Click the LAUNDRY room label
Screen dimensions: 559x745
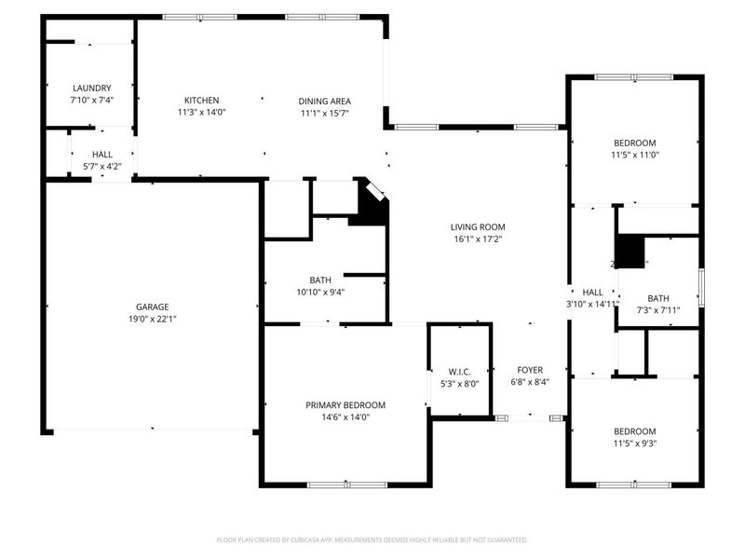91,88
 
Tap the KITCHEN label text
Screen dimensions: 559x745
201,101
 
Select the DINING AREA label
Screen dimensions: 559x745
324,101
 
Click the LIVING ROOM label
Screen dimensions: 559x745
478,226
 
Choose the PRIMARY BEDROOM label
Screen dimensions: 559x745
345,405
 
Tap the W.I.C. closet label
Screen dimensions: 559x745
459,371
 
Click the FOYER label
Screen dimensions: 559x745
530,370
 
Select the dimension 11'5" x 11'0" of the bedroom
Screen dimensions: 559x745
634,155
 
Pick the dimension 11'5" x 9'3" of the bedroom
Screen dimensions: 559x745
634,443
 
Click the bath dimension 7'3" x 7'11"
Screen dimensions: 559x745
658,310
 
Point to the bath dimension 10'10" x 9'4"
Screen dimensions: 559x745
319,292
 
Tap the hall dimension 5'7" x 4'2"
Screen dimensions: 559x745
102,167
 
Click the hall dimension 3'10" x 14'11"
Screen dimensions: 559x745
593,304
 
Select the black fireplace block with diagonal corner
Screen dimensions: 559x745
371,206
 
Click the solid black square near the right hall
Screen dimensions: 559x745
631,252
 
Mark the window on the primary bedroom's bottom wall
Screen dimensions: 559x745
346,484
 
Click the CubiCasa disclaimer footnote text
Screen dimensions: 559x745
372,539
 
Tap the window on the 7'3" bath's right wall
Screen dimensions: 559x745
701,287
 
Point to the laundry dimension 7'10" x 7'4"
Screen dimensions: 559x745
91,100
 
